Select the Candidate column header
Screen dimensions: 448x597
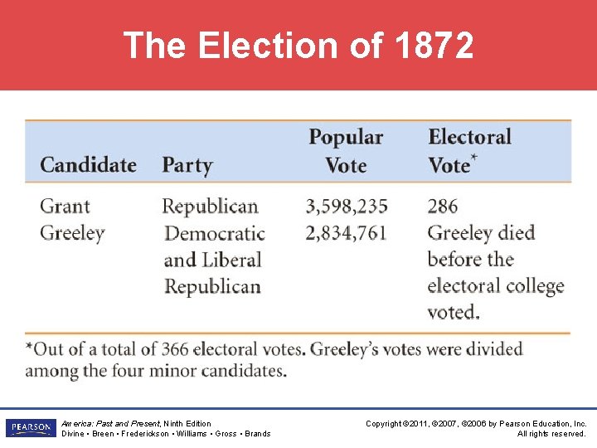[x=88, y=164]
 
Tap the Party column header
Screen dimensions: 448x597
[x=187, y=164]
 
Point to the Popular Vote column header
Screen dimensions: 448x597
[x=346, y=150]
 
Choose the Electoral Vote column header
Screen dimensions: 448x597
[x=469, y=150]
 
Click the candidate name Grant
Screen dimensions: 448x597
[x=65, y=206]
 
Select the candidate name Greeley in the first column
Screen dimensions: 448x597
[x=72, y=233]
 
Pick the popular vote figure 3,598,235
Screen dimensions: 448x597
[x=347, y=206]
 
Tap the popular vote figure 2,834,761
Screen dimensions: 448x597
[x=347, y=233]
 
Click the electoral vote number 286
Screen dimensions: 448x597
[x=443, y=206]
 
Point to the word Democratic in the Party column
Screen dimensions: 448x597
[x=215, y=233]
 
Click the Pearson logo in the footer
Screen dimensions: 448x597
[x=30, y=428]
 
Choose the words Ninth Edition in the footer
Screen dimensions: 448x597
[x=187, y=423]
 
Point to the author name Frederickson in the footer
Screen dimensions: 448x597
[x=148, y=434]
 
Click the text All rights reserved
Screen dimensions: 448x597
[x=551, y=434]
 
